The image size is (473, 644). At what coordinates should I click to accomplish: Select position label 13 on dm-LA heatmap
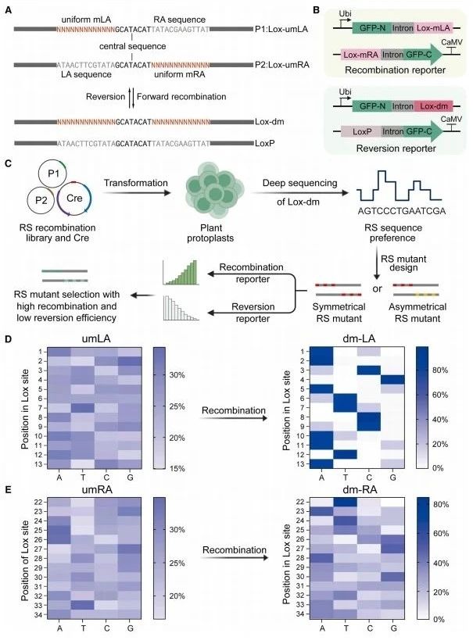point(301,464)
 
